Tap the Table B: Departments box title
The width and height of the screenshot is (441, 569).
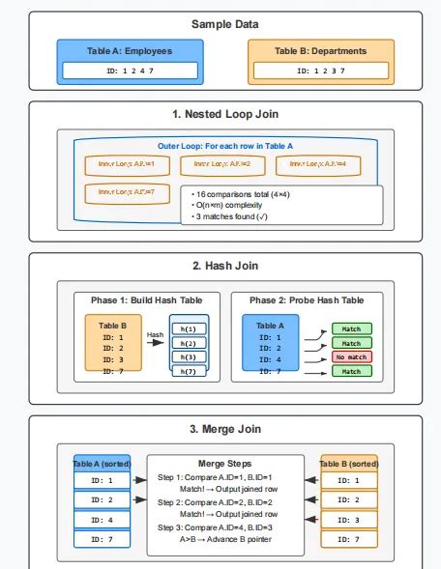pyautogui.click(x=319, y=51)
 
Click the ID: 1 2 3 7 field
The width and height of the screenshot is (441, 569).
pyautogui.click(x=319, y=71)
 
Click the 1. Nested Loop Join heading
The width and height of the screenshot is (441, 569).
pyautogui.click(x=220, y=114)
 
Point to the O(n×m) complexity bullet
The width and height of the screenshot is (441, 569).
pyautogui.click(x=228, y=206)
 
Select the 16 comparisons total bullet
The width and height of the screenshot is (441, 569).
pyautogui.click(x=240, y=193)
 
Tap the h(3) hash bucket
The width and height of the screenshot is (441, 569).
pyautogui.click(x=189, y=356)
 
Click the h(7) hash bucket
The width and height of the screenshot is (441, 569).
pyautogui.click(x=189, y=371)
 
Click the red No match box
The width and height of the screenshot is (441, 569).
pyautogui.click(x=351, y=356)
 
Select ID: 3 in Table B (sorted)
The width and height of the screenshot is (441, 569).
pyautogui.click(x=345, y=520)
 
